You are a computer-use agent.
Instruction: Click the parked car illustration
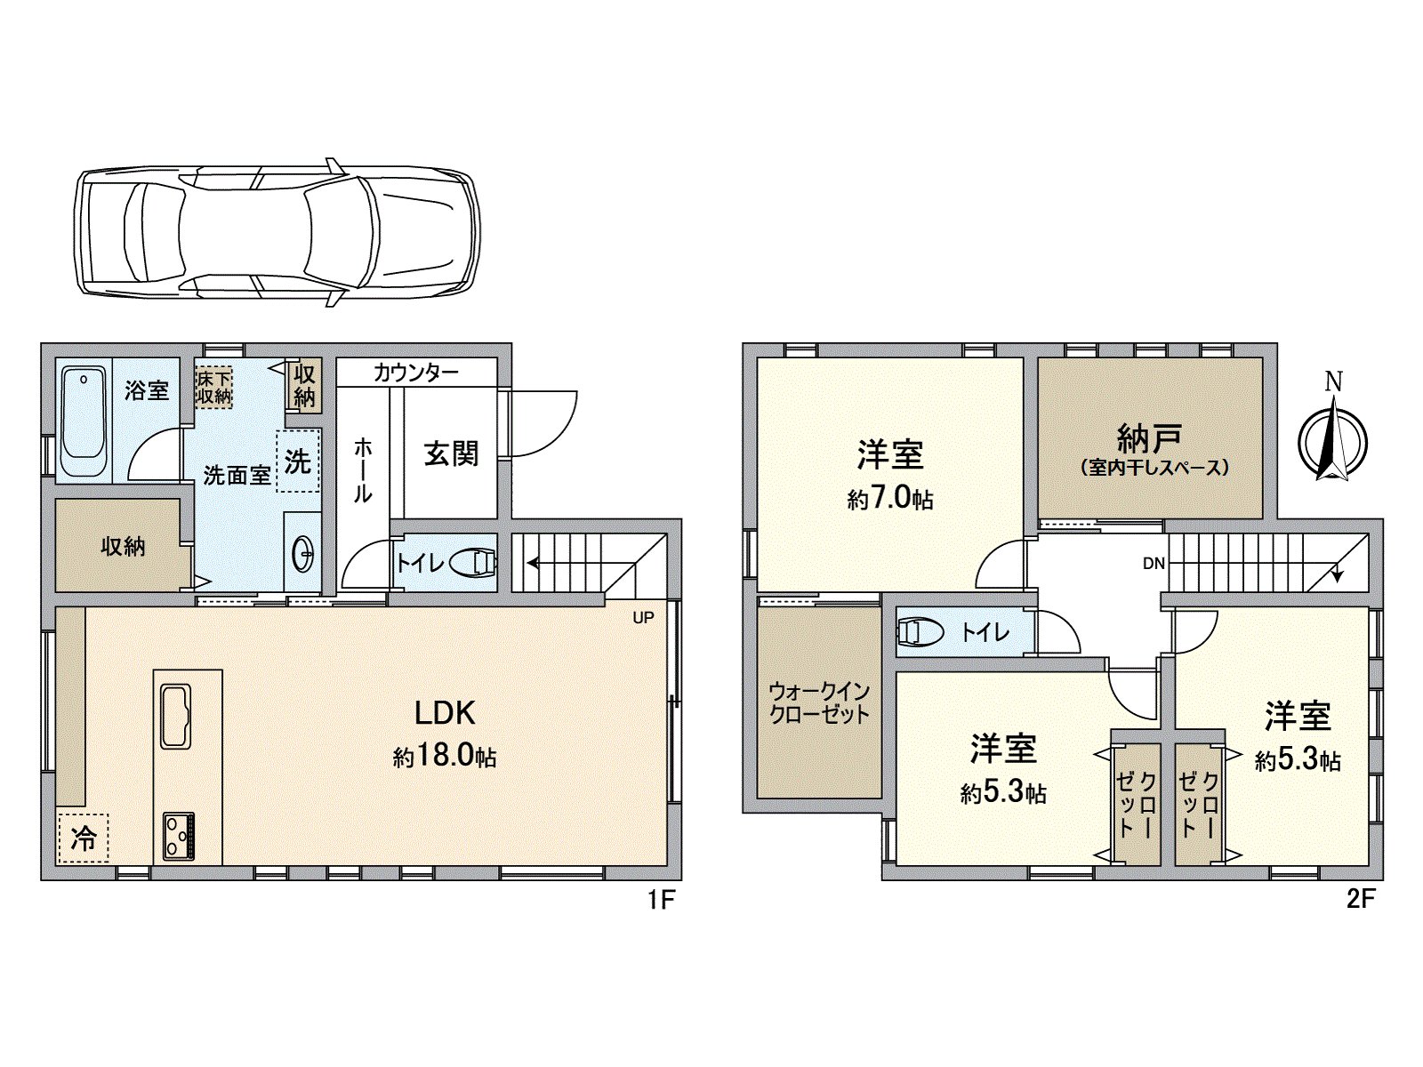coord(276,233)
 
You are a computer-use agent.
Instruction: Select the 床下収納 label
coord(214,388)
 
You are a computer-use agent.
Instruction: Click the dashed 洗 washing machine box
coord(297,461)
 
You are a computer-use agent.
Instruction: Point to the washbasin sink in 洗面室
coord(302,555)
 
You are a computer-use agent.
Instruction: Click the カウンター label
coord(415,373)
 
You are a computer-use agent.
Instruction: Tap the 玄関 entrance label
coord(451,453)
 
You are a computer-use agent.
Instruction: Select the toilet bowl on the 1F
coord(472,562)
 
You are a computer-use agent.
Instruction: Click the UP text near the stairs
coord(643,618)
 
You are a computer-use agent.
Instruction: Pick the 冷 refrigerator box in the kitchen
coord(83,838)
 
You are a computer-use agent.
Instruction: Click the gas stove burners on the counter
coord(179,837)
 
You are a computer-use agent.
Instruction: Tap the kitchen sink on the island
coord(176,717)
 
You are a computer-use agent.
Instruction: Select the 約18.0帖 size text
coord(445,756)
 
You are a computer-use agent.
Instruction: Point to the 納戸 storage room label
coord(1149,438)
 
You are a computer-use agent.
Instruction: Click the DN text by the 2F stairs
coord(1154,564)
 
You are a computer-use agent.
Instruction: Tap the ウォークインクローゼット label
coord(819,702)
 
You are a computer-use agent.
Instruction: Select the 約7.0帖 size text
coord(890,499)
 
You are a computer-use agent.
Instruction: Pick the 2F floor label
coord(1361,899)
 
